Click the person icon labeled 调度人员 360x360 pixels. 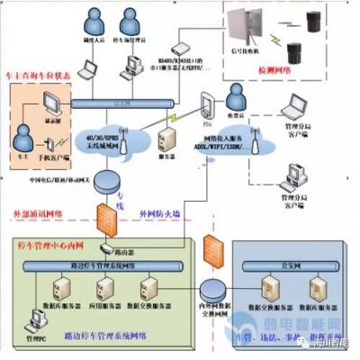tap(92, 20)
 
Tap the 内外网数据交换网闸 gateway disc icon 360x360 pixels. tap(213, 290)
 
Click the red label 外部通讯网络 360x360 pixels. tap(37, 213)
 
